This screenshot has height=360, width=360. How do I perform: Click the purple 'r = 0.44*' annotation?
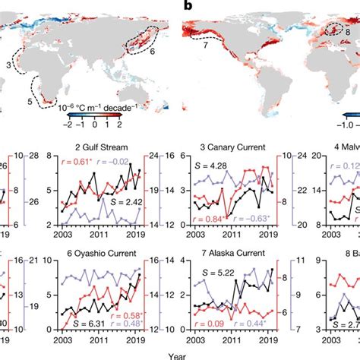pyautogui.click(x=253, y=324)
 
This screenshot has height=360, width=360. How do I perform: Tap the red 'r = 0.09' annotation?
pyautogui.click(x=207, y=324)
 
